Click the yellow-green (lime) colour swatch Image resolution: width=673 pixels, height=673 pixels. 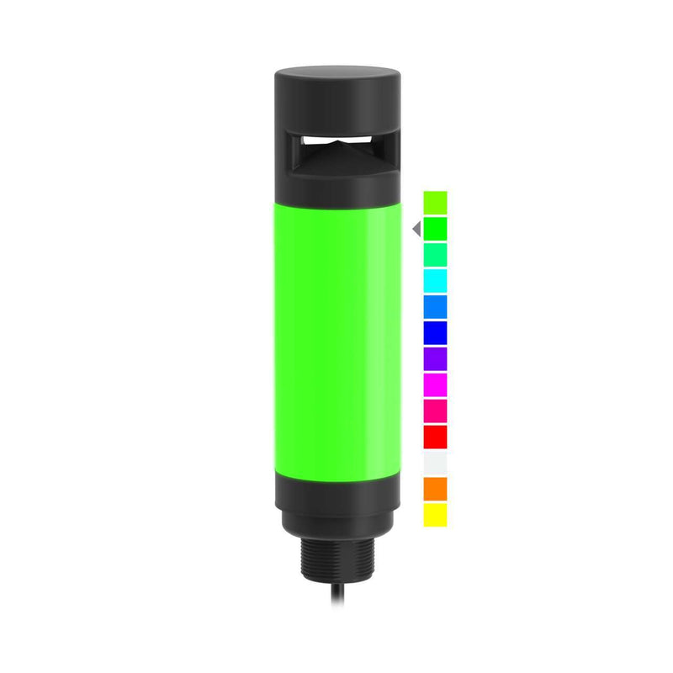tap(435, 203)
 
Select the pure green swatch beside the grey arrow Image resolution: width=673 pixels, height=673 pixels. tap(435, 229)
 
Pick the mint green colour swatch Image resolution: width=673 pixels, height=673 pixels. tap(435, 255)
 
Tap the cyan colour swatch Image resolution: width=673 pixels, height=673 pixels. tap(435, 281)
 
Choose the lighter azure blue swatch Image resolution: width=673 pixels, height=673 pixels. tap(435, 307)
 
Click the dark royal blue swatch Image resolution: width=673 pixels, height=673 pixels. tap(435, 333)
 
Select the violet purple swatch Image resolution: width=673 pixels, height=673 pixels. tap(435, 359)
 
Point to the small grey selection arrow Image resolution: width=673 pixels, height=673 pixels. tap(416, 229)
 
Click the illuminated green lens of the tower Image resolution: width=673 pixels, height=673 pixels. tap(336, 336)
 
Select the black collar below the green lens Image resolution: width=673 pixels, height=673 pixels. tap(336, 501)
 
